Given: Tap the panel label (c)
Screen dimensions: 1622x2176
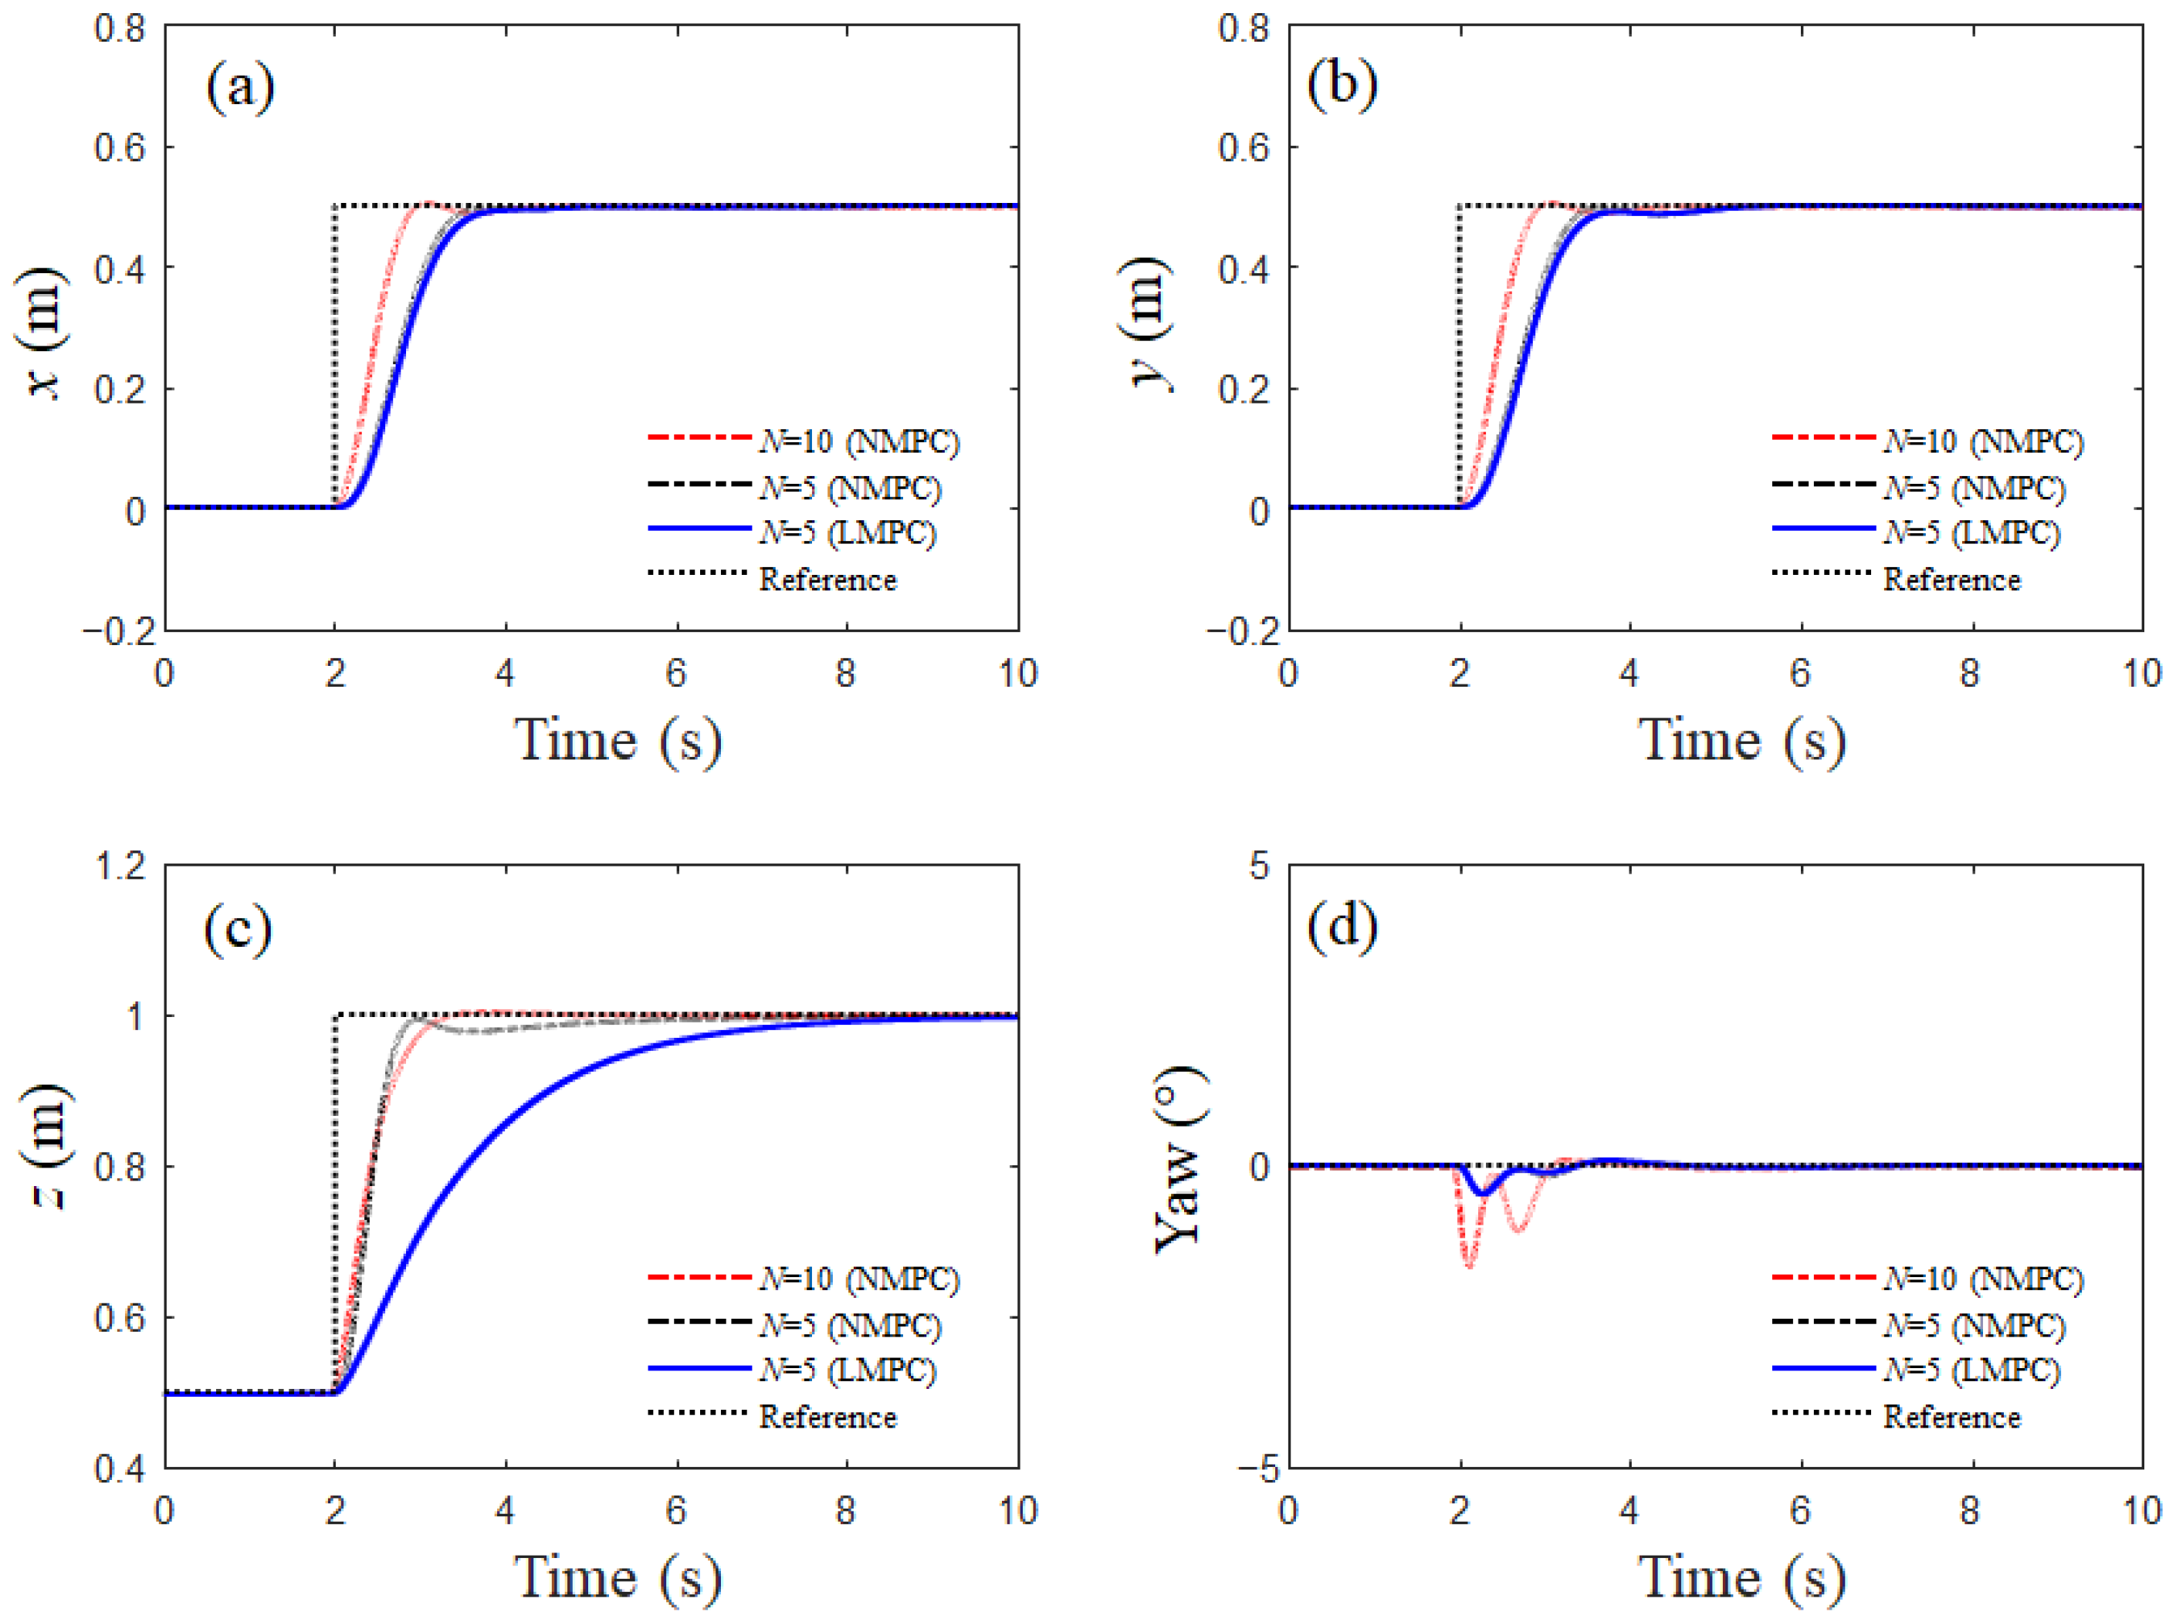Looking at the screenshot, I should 238,927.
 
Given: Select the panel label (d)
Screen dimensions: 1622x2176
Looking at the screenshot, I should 1342,925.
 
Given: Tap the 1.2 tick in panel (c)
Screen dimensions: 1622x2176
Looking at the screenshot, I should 120,866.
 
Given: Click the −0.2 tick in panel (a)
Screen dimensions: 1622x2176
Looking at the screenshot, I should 120,631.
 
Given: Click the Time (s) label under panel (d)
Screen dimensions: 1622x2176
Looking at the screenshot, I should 1741,1578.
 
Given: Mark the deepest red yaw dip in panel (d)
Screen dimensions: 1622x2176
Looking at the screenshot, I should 1469,1265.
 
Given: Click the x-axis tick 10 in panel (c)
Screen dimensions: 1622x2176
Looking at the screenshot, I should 1017,1510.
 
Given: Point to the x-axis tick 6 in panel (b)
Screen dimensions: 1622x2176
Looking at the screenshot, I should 1800,674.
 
